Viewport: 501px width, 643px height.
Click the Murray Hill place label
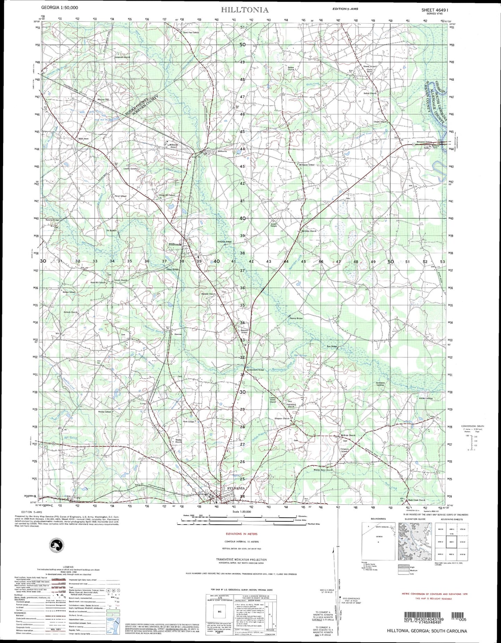tap(103, 99)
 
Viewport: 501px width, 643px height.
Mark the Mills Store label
tap(84, 139)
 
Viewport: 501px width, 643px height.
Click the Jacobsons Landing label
tap(380, 384)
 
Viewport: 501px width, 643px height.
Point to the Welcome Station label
tap(424, 142)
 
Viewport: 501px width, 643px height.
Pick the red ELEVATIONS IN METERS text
tap(241, 534)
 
